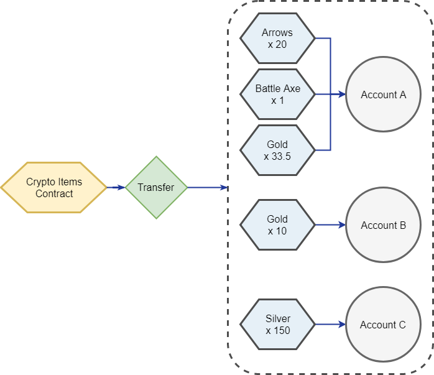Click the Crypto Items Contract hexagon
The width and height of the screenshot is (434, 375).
[54, 188]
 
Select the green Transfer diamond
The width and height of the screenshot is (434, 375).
[156, 187]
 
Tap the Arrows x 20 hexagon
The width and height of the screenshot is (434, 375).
[277, 39]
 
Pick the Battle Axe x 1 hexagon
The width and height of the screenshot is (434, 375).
[277, 95]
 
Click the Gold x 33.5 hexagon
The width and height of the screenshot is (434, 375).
[277, 150]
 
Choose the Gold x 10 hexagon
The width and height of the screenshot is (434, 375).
[277, 225]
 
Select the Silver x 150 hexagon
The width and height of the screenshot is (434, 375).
[277, 325]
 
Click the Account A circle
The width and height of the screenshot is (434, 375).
[383, 95]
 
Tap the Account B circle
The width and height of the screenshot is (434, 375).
[383, 225]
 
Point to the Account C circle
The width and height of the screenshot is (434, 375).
[383, 325]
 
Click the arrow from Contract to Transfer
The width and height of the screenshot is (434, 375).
[116, 187]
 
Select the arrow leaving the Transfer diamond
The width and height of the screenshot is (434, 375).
[207, 187]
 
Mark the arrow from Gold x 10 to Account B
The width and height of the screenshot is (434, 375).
[330, 225]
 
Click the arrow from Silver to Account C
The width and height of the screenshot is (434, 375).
[330, 325]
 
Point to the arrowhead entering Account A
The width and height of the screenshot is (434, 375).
[342, 95]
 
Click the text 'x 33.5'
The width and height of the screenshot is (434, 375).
[277, 156]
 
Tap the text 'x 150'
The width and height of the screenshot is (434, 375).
[278, 330]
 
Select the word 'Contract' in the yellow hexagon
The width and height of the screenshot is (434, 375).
[54, 193]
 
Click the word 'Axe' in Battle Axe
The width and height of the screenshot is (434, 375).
[291, 88]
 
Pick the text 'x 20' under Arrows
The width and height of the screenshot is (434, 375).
[277, 44]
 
